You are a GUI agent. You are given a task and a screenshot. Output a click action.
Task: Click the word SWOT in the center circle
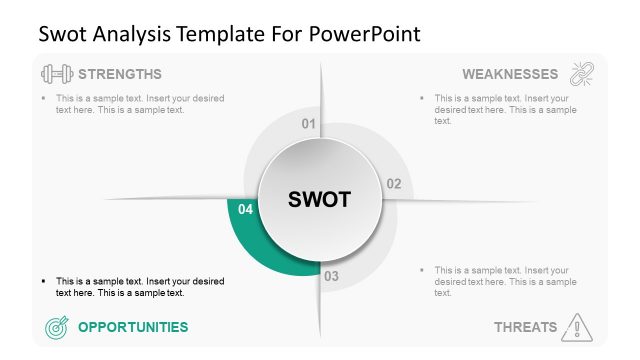click(319, 199)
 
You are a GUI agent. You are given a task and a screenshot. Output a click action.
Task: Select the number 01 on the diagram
click(309, 124)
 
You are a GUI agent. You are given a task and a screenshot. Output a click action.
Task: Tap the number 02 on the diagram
click(393, 184)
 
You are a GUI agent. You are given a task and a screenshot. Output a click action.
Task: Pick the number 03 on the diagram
click(332, 276)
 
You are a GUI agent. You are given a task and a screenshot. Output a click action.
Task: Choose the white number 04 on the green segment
click(246, 210)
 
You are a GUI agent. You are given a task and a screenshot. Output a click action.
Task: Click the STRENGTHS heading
click(120, 74)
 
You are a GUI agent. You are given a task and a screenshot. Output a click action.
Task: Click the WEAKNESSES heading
click(510, 74)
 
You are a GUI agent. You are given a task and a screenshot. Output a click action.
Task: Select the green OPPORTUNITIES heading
click(132, 327)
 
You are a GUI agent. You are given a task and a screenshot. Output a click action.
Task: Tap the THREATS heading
click(525, 327)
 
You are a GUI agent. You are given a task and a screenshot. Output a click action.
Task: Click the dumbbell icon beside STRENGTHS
click(56, 74)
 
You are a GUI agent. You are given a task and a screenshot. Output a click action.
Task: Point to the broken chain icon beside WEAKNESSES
click(582, 74)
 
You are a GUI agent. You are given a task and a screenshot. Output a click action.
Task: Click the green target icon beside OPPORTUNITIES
click(56, 327)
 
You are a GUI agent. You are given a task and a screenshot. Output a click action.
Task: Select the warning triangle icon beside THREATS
click(578, 326)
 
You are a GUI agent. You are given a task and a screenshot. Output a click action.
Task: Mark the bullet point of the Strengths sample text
click(44, 98)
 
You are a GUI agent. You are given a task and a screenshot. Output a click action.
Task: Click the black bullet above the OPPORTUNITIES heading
click(44, 281)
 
